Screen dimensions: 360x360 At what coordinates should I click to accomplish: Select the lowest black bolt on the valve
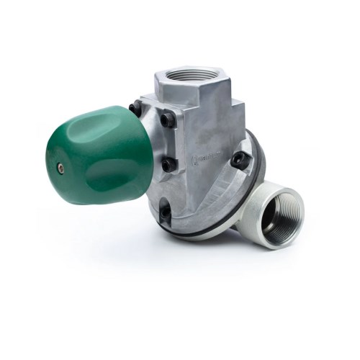(165, 212)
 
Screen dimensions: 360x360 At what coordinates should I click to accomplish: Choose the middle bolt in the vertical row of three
(167, 164)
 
